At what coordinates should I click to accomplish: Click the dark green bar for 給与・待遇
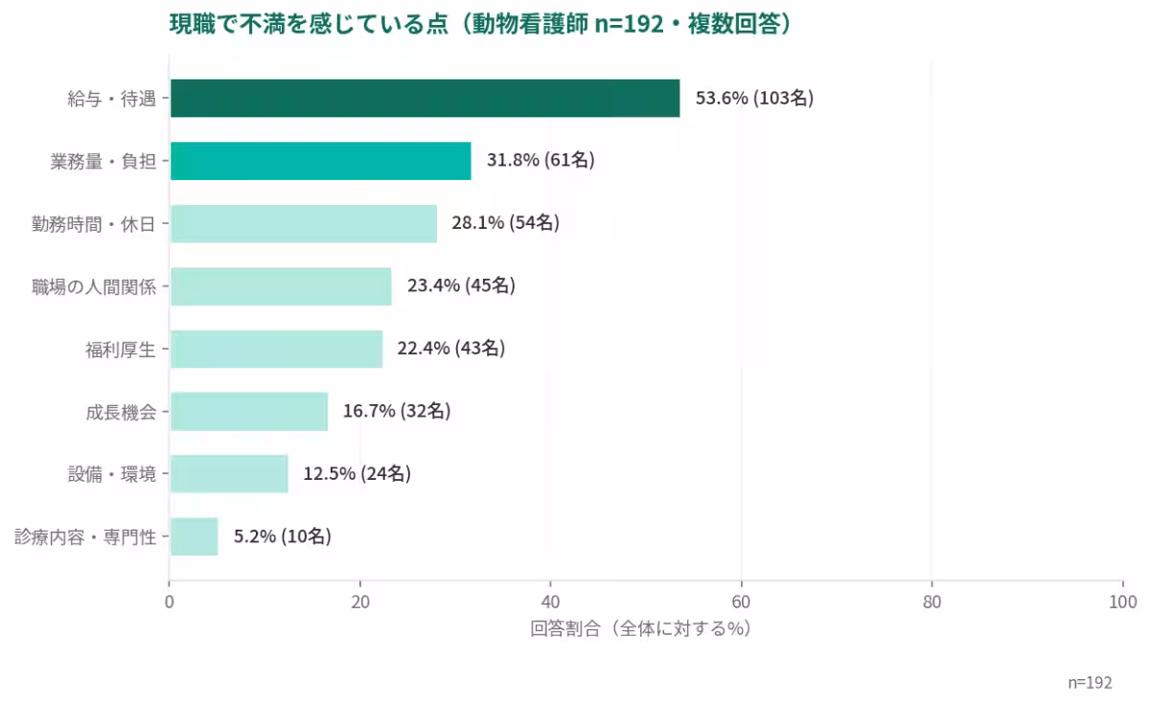425,98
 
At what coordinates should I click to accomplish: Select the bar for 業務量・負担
320,161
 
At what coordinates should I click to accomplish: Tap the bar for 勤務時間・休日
303,223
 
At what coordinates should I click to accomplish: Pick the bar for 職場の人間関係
281,285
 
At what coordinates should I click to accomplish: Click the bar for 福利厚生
276,349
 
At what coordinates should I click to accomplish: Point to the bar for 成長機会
248,411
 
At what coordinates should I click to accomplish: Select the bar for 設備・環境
229,473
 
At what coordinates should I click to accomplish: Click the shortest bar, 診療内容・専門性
194,536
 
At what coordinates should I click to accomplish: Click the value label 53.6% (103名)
754,98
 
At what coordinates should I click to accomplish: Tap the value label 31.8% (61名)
540,160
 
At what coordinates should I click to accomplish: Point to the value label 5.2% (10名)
283,536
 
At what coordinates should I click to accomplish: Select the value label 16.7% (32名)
397,411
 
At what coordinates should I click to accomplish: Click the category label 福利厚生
121,349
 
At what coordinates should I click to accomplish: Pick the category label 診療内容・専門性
85,536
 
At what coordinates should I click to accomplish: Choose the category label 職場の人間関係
94,285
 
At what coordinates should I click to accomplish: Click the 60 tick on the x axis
741,603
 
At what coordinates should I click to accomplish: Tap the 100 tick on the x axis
1121,603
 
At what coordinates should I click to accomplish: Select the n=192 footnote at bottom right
1090,682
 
